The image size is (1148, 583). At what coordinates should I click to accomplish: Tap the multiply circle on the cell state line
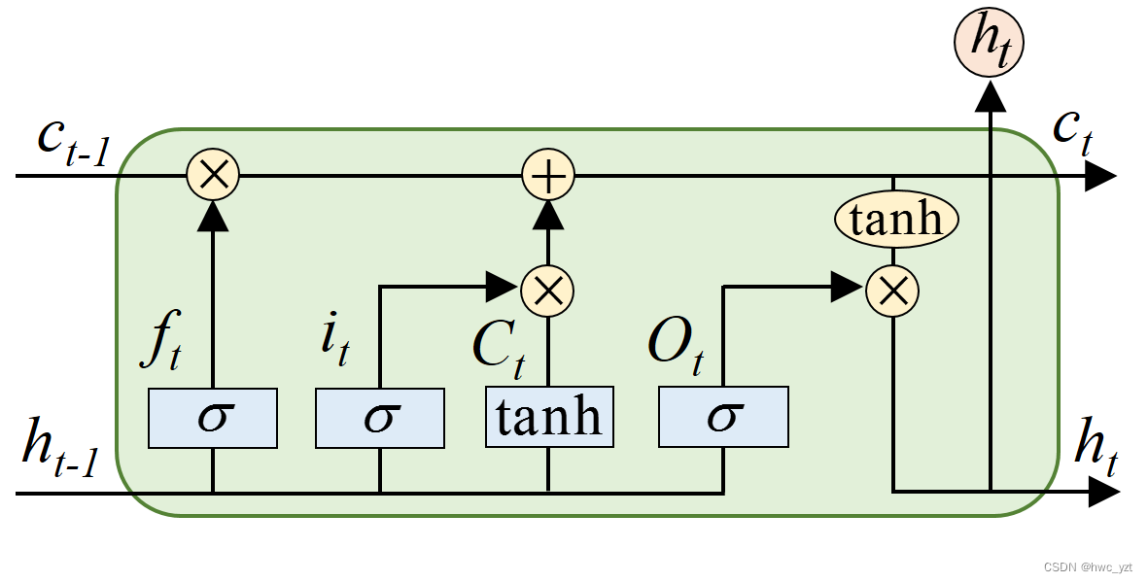coord(212,176)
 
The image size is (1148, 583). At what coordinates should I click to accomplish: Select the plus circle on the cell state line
coord(548,176)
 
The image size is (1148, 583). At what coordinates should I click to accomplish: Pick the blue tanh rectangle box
coord(549,418)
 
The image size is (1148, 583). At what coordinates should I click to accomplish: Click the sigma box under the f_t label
coord(212,418)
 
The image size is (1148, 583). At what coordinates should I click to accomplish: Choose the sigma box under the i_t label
coord(379,418)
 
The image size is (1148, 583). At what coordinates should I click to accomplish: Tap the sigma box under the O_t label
coord(722,418)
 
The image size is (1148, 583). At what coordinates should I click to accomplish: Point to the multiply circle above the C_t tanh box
coord(548,288)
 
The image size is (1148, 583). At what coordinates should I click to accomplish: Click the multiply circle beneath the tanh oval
coord(892,288)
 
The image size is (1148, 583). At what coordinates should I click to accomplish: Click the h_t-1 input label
coord(60,451)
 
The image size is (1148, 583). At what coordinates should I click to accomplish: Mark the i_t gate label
coord(333,341)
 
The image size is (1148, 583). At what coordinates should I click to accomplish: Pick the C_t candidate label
coord(498,346)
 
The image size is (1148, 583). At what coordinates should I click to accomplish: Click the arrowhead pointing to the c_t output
coord(1100,176)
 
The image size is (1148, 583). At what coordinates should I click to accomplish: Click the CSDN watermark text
coord(1088,566)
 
